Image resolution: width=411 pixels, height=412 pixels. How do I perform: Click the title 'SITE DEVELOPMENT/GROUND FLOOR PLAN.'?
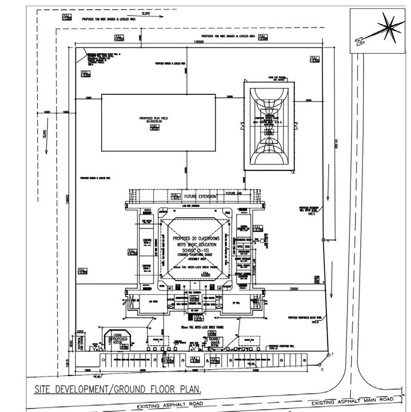pos(117,390)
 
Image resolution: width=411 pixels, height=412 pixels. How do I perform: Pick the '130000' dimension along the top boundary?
pos(199,42)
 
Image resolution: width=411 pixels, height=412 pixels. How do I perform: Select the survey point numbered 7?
pos(331,355)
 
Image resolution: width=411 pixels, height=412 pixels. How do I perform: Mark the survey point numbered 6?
pos(322,370)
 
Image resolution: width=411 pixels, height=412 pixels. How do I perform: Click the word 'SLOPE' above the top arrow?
pos(146,13)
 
